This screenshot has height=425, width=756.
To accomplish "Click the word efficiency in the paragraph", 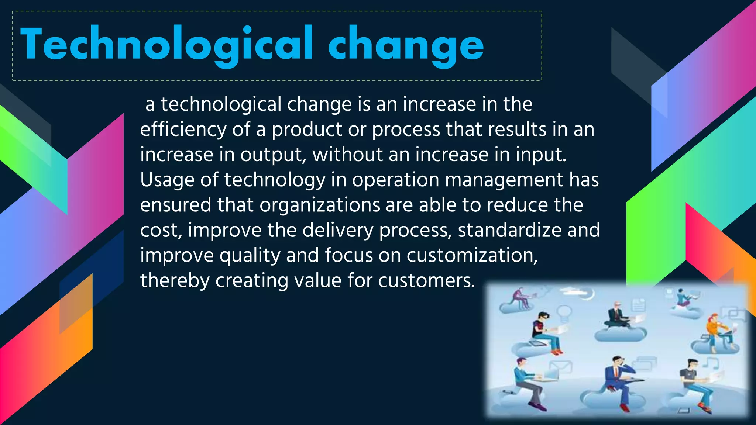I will [183, 130].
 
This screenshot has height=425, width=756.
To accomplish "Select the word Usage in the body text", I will [167, 180].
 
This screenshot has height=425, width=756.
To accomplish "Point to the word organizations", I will [320, 205].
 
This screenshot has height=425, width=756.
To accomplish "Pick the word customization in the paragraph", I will [472, 255].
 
